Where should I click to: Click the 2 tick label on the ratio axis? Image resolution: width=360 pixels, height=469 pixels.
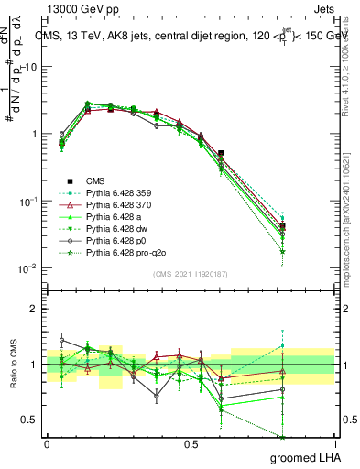(x=34, y=309)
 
